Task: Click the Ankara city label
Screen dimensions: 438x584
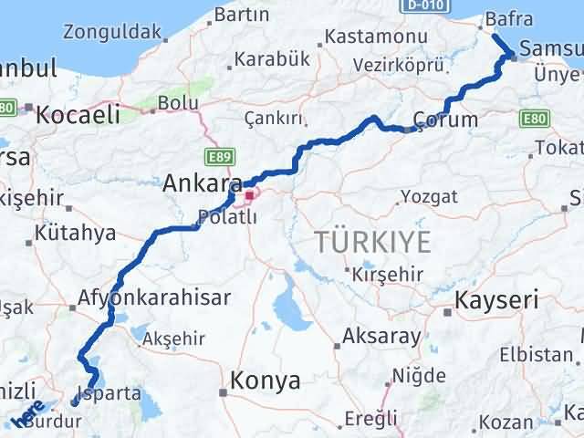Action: (202, 183)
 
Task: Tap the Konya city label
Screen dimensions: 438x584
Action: (266, 381)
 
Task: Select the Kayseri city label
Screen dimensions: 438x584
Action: (496, 299)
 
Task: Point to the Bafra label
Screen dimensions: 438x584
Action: (509, 17)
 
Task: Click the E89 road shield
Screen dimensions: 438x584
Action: (219, 158)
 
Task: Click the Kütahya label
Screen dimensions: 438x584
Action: (75, 234)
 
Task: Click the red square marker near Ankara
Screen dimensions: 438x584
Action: (249, 195)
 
